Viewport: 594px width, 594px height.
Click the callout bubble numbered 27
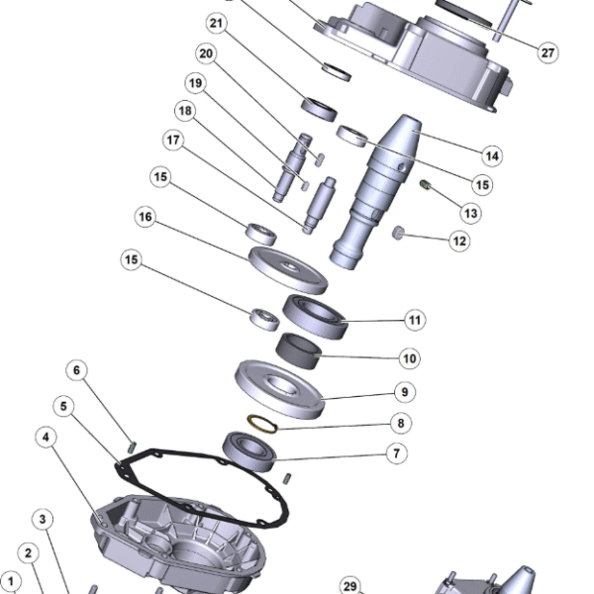pos(548,52)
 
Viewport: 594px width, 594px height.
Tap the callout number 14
pos(490,155)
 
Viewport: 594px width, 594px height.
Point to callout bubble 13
pos(469,212)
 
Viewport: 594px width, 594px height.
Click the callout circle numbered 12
pos(458,240)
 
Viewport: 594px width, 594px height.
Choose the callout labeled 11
pos(415,320)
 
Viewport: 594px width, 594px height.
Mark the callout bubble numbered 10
pos(409,357)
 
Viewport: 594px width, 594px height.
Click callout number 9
pos(404,391)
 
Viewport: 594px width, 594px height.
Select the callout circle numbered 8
pos(400,424)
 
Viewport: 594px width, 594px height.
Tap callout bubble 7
pos(395,453)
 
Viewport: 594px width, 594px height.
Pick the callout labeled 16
pos(146,217)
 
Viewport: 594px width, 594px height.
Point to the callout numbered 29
pos(349,586)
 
